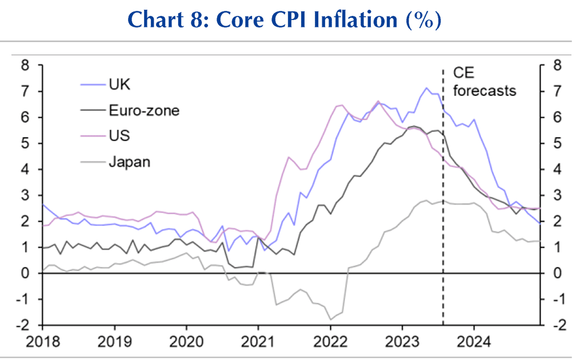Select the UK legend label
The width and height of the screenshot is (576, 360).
coord(119,85)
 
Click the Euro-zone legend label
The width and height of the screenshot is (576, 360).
coord(143,110)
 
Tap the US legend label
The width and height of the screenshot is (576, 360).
coord(119,136)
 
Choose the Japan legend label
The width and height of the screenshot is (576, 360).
coord(129,162)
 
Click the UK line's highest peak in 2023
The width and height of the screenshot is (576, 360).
coord(426,88)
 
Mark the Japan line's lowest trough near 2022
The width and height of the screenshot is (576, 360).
coord(330,319)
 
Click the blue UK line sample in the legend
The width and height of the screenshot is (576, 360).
coord(91,85)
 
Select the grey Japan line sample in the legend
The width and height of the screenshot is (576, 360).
coord(91,162)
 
